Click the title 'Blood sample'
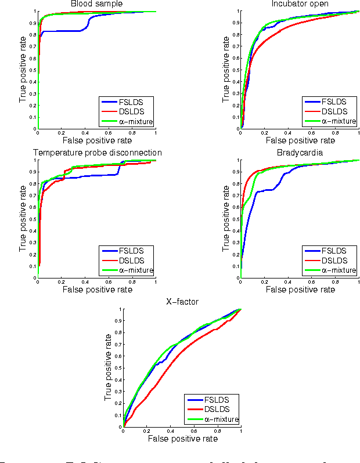(96, 4)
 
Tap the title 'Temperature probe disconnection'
(97, 153)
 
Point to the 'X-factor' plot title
(182, 302)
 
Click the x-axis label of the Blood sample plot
(96, 140)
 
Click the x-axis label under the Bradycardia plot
(299, 289)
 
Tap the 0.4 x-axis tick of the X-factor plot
(170, 431)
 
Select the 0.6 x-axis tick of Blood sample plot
(109, 133)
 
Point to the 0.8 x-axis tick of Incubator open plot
(334, 133)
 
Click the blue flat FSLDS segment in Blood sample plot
(61, 31)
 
